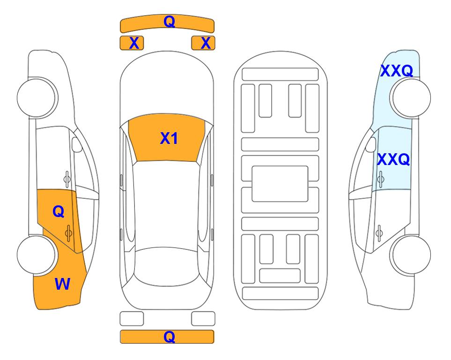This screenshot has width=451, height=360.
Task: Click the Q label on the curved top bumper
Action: tap(169, 22)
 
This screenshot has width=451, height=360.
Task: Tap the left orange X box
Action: tap(132, 43)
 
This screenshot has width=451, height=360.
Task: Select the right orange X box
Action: tap(203, 43)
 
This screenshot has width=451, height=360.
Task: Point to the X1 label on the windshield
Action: tap(169, 138)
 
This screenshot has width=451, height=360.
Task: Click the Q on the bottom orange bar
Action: tap(169, 337)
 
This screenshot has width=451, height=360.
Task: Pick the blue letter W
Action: tap(62, 284)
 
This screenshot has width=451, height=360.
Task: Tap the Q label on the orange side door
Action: tap(59, 212)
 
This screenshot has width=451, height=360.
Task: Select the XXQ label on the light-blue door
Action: tap(393, 159)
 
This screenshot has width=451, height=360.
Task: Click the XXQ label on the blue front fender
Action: tap(397, 71)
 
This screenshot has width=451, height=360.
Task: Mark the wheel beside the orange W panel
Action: tap(37, 255)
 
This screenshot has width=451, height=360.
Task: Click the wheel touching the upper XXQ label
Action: tap(411, 98)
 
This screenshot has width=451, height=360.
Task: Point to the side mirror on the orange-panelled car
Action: tap(76, 144)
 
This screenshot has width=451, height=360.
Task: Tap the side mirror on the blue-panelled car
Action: tap(370, 144)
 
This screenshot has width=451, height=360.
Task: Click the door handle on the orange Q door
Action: tap(68, 233)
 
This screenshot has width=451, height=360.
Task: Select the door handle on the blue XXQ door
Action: tap(380, 179)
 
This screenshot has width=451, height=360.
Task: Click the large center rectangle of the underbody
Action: tap(280, 184)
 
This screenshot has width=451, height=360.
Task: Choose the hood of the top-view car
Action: tap(167, 86)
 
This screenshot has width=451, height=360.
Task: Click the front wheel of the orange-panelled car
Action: tap(37, 98)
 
